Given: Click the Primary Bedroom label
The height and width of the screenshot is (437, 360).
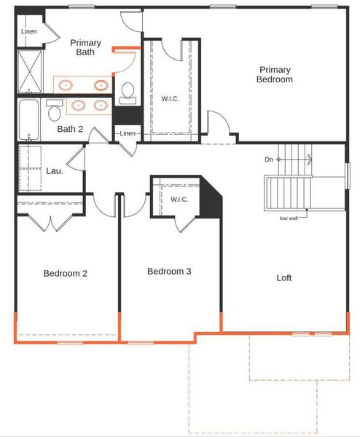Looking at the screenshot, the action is pyautogui.click(x=275, y=74).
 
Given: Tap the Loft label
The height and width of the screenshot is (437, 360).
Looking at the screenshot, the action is pyautogui.click(x=284, y=278).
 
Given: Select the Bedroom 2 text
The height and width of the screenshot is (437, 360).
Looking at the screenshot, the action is pyautogui.click(x=66, y=273).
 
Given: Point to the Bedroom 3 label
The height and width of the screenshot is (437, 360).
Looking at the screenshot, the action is pyautogui.click(x=169, y=271).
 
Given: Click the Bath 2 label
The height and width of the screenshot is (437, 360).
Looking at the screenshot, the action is pyautogui.click(x=70, y=129).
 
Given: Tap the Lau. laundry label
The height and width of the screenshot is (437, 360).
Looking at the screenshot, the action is pyautogui.click(x=55, y=171).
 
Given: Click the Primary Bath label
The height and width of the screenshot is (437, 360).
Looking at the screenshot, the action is pyautogui.click(x=85, y=47).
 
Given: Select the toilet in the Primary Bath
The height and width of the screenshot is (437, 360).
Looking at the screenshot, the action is pyautogui.click(x=128, y=93).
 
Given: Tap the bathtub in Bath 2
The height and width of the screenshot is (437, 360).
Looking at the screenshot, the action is pyautogui.click(x=28, y=120).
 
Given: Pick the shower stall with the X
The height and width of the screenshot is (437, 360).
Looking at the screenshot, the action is pyautogui.click(x=30, y=71).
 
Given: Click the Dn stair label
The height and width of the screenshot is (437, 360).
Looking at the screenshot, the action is pyautogui.click(x=269, y=160).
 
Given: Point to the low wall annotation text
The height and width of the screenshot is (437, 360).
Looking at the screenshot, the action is pyautogui.click(x=289, y=219).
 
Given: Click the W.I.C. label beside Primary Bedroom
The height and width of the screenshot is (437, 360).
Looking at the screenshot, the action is pyautogui.click(x=171, y=98).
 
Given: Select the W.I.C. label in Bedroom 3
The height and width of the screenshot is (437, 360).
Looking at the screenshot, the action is pyautogui.click(x=179, y=200).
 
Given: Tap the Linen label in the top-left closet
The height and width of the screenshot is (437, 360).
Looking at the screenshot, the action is pyautogui.click(x=29, y=31).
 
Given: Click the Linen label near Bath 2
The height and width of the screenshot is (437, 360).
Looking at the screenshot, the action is pyautogui.click(x=128, y=133).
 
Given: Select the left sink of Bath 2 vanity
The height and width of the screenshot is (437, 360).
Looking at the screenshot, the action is pyautogui.click(x=79, y=106).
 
